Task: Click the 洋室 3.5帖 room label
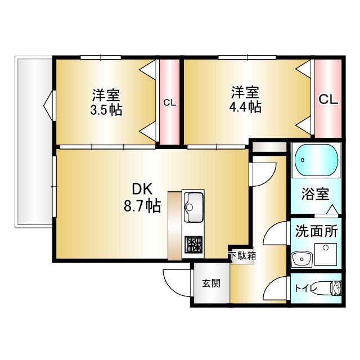pos(106,102)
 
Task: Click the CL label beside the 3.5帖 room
pos(169,103)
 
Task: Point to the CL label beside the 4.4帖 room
pos(328,100)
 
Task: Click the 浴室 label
pos(316,195)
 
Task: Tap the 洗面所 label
pos(316,231)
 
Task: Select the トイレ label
pos(307,289)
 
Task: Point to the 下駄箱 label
pos(242,255)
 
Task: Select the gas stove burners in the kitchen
pos(195,244)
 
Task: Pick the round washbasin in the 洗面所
pos(302,259)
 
